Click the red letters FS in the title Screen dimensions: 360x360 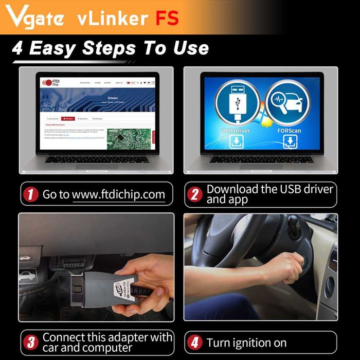click(x=167, y=18)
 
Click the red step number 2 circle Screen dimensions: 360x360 click(x=195, y=194)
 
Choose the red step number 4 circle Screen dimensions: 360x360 click(x=195, y=343)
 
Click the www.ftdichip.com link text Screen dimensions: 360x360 click(x=118, y=194)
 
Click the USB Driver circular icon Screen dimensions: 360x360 click(x=235, y=102)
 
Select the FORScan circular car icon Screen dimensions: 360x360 click(x=284, y=102)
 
